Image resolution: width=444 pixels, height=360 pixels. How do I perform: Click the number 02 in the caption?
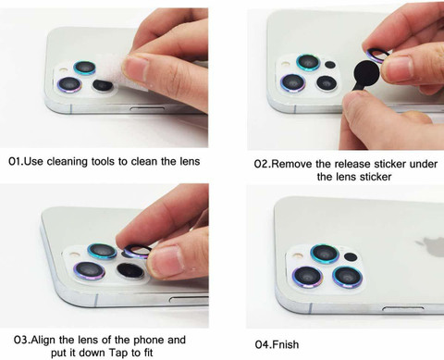tap(262, 164)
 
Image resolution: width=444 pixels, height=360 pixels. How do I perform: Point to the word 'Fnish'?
tap(286, 344)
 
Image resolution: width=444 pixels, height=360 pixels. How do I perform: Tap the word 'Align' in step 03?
tap(44, 340)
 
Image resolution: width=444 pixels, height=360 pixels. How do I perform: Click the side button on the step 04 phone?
tap(403, 308)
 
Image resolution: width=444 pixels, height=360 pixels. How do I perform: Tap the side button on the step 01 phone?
tap(147, 108)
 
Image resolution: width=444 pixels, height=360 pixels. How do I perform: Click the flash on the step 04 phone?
tap(297, 255)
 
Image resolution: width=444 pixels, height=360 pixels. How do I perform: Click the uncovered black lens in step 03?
tap(130, 271)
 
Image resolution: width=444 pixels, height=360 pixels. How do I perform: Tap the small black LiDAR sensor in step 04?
tap(351, 256)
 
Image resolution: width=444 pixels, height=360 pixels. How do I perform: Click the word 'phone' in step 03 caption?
tap(149, 340)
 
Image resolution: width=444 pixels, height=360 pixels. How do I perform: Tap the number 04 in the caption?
tap(263, 344)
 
